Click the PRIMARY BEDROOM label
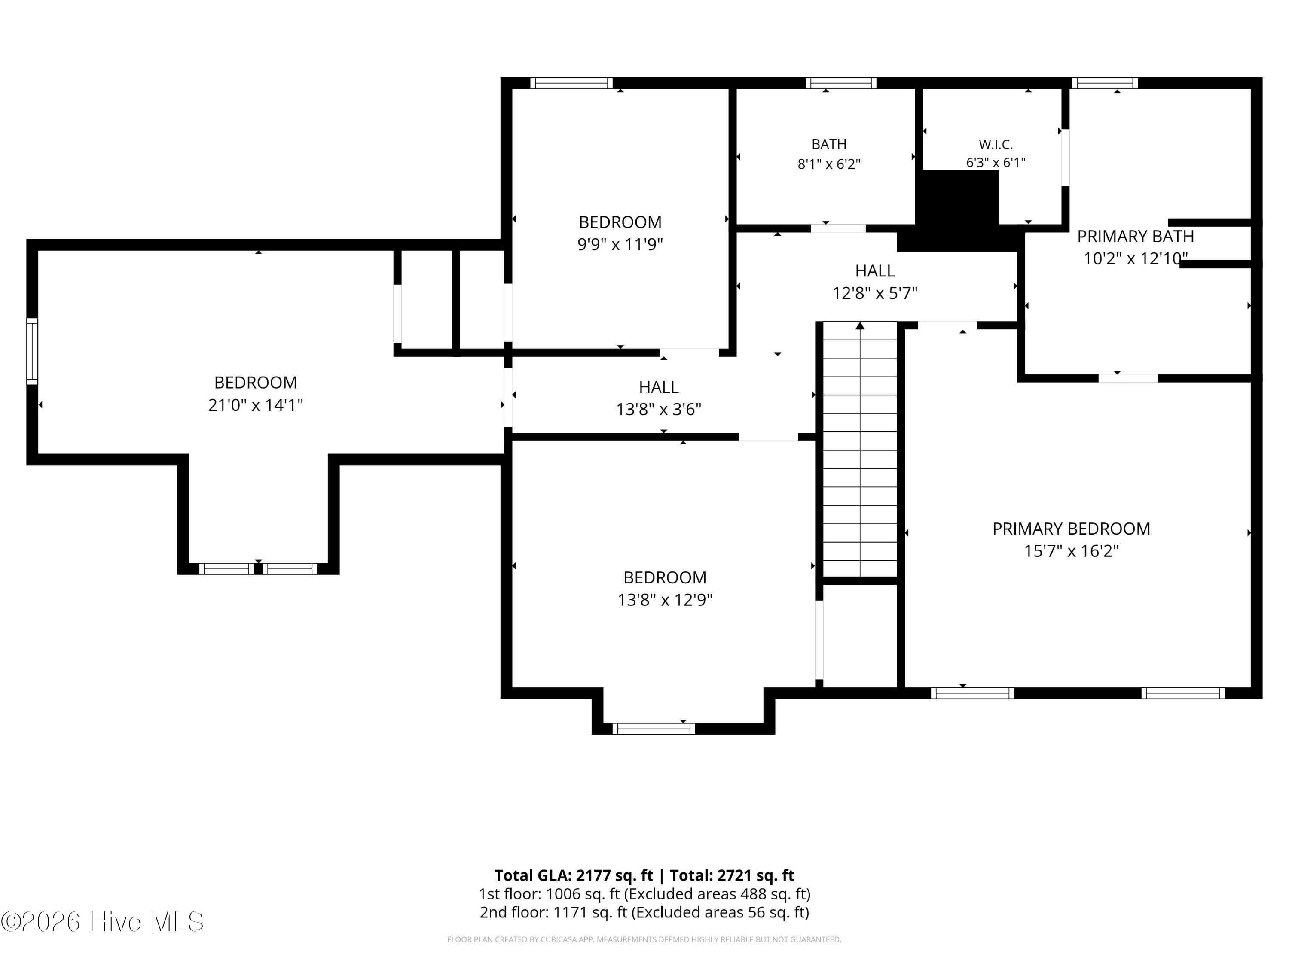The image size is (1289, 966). [x=1071, y=529]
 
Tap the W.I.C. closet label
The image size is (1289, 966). [x=996, y=144]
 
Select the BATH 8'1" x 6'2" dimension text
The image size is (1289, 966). [x=829, y=164]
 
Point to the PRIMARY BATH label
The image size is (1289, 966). [x=1135, y=237]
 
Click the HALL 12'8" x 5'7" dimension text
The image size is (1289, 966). [x=875, y=293]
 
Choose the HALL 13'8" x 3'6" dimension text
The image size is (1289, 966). [x=659, y=409]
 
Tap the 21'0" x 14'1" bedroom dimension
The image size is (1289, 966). [x=255, y=405]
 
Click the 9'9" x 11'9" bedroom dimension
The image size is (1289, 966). [x=620, y=244]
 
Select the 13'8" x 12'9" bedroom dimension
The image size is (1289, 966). [x=665, y=600]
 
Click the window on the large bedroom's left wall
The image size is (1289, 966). [x=32, y=351]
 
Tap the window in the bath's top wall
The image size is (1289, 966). [x=841, y=83]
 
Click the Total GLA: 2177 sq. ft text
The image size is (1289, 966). [x=574, y=875]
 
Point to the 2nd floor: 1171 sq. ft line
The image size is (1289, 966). [x=644, y=912]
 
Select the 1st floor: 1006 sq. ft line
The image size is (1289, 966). [x=644, y=894]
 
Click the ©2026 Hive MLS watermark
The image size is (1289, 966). [x=103, y=922]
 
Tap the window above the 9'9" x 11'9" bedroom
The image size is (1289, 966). [x=571, y=83]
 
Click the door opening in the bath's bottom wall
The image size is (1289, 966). [x=838, y=228]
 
